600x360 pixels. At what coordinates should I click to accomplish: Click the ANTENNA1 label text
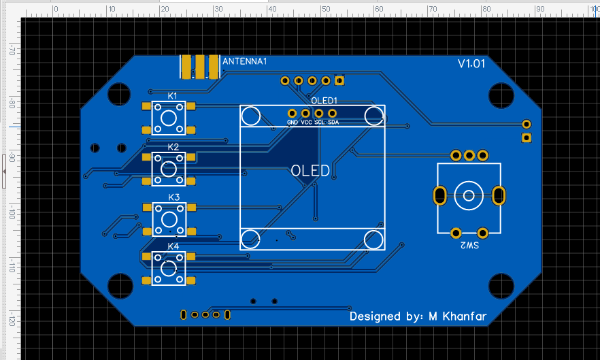[244, 61]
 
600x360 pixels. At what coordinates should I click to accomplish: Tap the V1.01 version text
[471, 63]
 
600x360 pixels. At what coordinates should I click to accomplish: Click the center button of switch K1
[169, 118]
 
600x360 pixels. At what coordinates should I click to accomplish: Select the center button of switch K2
[169, 169]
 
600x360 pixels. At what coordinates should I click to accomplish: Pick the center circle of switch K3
[169, 219]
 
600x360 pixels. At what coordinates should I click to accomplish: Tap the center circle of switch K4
[169, 268]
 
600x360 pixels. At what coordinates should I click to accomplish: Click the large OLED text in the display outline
[310, 171]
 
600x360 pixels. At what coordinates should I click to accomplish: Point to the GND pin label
[293, 122]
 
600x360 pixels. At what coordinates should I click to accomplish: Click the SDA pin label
[333, 122]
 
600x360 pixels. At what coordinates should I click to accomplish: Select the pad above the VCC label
[305, 114]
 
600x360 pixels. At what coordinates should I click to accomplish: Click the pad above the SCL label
[319, 114]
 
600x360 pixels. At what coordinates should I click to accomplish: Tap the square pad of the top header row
[339, 81]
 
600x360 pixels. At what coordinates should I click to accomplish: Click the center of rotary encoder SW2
[469, 196]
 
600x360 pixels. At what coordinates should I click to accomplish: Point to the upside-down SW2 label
[469, 246]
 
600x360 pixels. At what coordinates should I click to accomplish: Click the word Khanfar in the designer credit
[465, 316]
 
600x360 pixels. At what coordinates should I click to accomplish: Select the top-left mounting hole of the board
[119, 94]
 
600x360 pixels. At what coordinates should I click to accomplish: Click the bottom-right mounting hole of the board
[501, 286]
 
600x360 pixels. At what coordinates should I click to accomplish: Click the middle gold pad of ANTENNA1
[200, 67]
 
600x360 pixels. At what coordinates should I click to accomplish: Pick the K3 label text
[173, 197]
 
